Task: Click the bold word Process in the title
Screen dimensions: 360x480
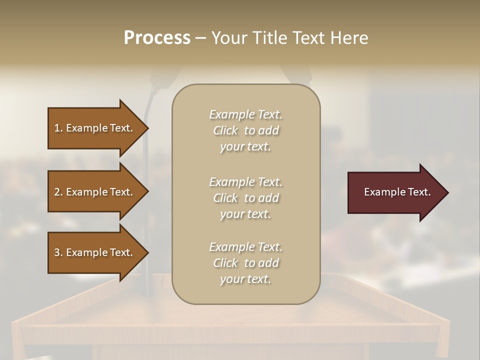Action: coord(157,38)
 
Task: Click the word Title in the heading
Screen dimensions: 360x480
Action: coord(268,38)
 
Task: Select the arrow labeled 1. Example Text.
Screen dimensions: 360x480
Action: coord(95,128)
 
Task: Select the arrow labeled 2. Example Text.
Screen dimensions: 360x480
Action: coord(95,192)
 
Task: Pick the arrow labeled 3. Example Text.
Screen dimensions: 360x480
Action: coord(95,252)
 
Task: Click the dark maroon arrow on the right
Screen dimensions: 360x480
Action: coord(395,192)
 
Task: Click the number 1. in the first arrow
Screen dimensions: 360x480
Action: coord(58,128)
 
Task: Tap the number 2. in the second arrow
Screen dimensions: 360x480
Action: coord(58,192)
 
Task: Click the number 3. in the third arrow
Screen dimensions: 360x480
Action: coord(58,252)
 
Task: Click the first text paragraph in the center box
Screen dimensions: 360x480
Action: coord(245,130)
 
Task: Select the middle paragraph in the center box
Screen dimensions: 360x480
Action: coord(245,198)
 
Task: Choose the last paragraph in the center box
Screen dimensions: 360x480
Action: coord(245,263)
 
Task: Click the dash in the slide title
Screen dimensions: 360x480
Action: coord(201,38)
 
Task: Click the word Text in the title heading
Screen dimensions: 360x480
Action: coord(308,38)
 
